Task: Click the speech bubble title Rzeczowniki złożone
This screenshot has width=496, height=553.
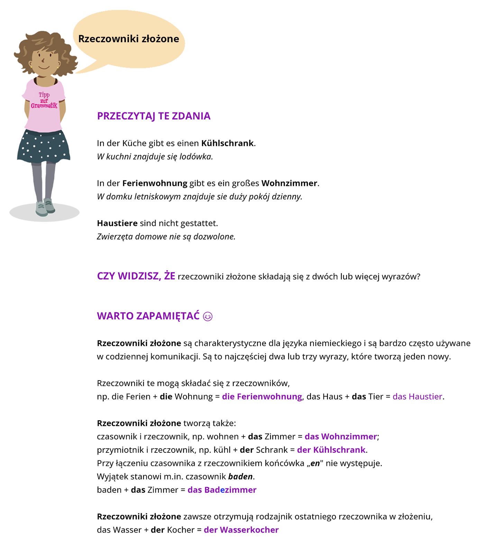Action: tap(128, 39)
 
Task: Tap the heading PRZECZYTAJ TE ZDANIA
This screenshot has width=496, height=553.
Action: tap(154, 116)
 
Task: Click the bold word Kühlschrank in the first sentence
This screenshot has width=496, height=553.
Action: tap(228, 143)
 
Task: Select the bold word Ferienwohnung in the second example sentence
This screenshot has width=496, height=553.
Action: tap(155, 183)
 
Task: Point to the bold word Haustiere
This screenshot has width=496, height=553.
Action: tap(117, 223)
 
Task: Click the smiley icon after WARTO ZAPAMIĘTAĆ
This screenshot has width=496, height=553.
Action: tap(208, 316)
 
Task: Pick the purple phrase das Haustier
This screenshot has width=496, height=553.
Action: tap(417, 396)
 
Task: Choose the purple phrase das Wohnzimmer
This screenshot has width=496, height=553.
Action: tap(340, 437)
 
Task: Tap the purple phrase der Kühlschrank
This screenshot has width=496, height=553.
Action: tap(331, 450)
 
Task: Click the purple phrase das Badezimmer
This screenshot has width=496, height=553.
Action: tap(222, 490)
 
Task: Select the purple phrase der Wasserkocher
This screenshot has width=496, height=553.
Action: tap(241, 530)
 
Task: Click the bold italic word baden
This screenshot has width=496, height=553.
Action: tap(240, 477)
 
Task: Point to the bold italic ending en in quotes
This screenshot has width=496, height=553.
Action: tap(315, 463)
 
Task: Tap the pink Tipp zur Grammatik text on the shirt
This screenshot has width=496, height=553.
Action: tap(44, 100)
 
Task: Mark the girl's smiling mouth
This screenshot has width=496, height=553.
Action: tap(44, 66)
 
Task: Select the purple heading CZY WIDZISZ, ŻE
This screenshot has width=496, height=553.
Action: tap(136, 276)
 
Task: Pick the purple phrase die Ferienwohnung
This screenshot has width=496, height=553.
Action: tap(262, 396)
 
